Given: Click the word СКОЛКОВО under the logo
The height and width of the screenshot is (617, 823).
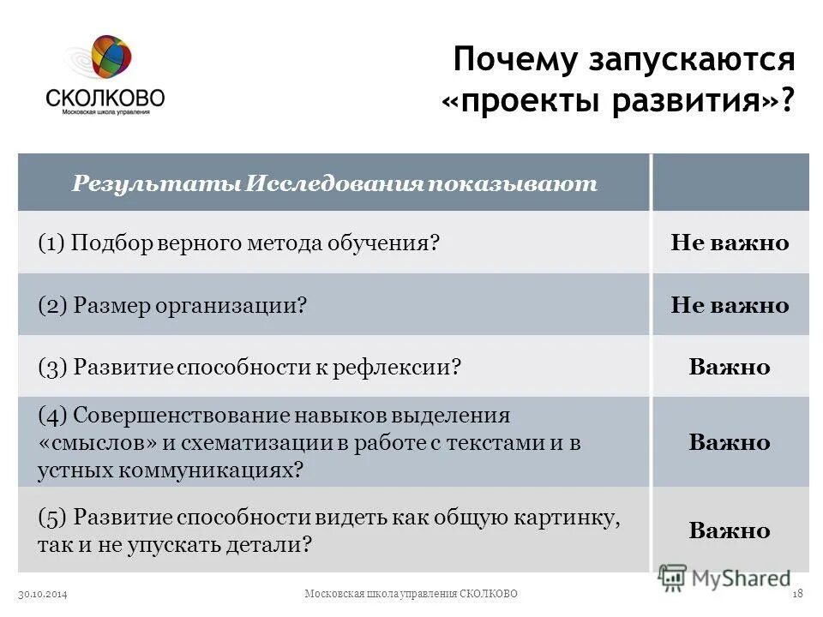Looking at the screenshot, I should coord(105,96).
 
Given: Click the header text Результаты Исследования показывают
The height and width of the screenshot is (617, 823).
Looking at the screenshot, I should coord(334,184).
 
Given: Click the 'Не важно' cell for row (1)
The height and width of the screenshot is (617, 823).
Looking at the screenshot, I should coord(730,243).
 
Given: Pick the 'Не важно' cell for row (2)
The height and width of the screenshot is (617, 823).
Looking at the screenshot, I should coord(730,305).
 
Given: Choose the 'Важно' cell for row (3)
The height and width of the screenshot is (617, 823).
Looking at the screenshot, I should coord(730,368).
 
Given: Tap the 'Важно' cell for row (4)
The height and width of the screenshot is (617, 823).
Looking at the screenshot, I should coord(730,443).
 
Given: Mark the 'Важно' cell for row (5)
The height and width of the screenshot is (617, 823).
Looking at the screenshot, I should coord(730,530).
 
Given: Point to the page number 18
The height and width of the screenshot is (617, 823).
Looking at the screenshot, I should coord(797,594).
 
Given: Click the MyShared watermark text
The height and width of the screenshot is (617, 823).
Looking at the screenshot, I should coord(742,578).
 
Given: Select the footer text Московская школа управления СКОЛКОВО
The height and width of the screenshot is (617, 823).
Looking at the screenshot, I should coord(411,594).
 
